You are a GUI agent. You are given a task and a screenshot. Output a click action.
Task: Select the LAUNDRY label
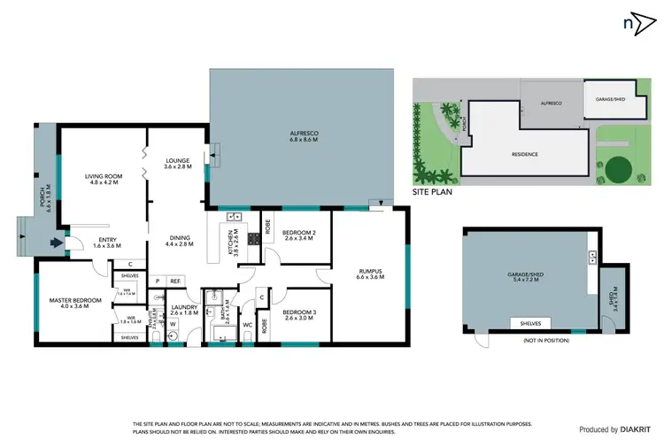coord(184,310)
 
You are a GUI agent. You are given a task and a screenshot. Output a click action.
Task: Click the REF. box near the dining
coord(175,281)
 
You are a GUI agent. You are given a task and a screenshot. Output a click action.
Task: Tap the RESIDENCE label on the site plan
coord(525,154)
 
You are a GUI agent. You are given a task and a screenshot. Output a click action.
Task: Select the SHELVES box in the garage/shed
coord(531,322)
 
